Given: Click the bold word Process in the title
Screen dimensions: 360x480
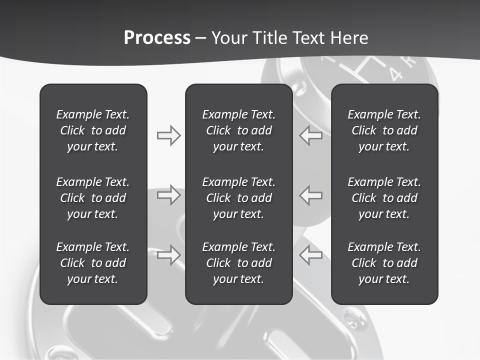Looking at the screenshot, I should (x=157, y=38).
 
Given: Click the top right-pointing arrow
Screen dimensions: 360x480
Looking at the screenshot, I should (x=168, y=135).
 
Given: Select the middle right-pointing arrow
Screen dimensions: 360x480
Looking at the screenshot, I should (x=168, y=195).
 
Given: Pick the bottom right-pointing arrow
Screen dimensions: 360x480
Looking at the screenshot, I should (x=168, y=254).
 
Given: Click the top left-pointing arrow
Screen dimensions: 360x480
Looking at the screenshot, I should (x=311, y=135).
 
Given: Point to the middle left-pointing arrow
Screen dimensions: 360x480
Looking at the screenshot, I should (x=311, y=195).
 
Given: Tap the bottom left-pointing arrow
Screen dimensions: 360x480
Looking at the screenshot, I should (x=311, y=254).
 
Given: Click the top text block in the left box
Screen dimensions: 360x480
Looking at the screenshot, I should (x=93, y=130).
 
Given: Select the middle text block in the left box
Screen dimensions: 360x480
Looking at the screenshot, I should (x=93, y=198).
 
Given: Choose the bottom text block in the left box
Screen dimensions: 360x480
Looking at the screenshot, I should (x=93, y=263).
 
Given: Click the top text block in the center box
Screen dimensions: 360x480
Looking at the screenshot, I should (x=238, y=130).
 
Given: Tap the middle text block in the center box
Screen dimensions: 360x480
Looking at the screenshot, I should (x=238, y=198).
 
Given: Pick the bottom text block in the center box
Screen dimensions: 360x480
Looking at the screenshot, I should (x=238, y=263).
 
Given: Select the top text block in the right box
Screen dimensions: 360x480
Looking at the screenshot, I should (x=384, y=130).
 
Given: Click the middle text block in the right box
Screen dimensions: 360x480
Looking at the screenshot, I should (x=384, y=198).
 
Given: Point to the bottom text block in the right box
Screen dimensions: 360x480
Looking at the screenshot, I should (x=384, y=263).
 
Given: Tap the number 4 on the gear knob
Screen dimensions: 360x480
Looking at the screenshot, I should (x=396, y=74).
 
